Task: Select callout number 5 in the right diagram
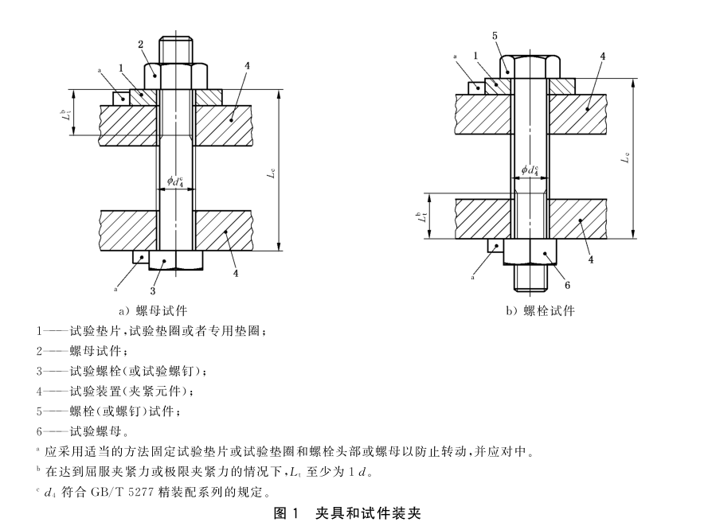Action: (495, 36)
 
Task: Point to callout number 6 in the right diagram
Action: (566, 283)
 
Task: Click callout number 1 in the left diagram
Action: (121, 68)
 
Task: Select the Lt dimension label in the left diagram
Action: (65, 114)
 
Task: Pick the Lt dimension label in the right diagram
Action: (420, 216)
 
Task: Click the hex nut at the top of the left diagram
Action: (175, 76)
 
